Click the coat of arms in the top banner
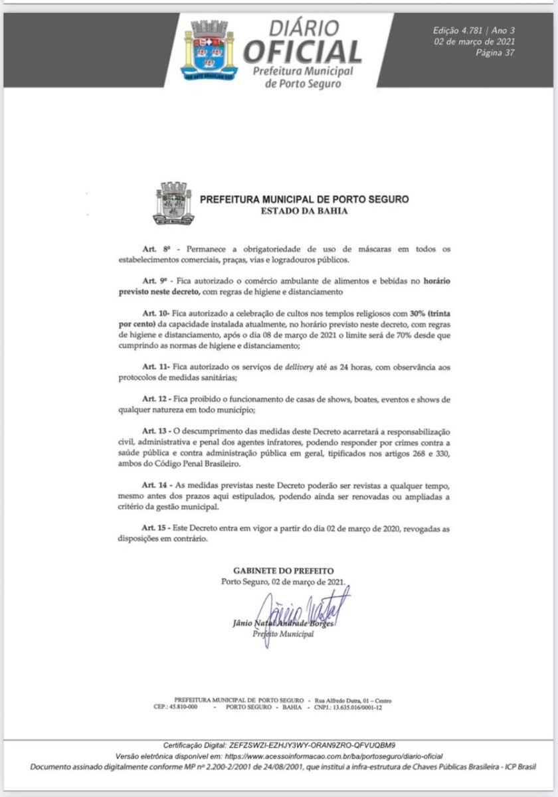209,50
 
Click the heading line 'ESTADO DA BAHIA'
304,211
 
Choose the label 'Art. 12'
157,398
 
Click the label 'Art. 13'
157,431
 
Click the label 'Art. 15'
157,527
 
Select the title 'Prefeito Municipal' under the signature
284,634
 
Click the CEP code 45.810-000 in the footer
182,707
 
